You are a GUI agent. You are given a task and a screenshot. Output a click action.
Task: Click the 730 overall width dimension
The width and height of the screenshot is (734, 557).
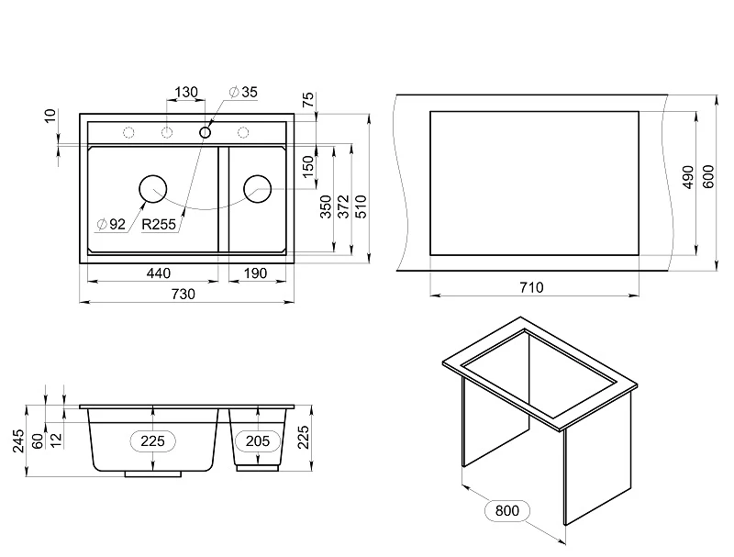(x=183, y=294)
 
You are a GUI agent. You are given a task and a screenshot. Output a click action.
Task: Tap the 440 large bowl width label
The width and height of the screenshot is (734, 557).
(x=158, y=273)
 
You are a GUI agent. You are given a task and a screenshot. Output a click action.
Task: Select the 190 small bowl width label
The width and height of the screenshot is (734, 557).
(x=256, y=273)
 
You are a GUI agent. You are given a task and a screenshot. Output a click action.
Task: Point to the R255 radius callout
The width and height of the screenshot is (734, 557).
(x=159, y=224)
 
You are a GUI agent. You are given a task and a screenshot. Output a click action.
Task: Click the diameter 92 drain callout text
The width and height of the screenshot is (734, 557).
(x=111, y=224)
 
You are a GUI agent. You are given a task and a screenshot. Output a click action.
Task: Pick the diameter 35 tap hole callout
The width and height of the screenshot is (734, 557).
(x=243, y=92)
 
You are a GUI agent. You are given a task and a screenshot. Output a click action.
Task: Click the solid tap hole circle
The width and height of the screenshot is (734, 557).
(x=205, y=132)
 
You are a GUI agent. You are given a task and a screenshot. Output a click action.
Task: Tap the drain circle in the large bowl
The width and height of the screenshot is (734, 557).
(x=153, y=189)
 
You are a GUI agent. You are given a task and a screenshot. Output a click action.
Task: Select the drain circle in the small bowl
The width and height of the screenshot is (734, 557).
(x=258, y=189)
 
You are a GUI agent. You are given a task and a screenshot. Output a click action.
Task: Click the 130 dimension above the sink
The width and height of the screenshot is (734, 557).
(x=186, y=92)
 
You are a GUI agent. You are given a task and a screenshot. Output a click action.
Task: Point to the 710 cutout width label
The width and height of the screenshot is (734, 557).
(x=532, y=287)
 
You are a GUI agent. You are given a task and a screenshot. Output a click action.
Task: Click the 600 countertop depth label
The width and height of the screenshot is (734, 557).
(x=708, y=177)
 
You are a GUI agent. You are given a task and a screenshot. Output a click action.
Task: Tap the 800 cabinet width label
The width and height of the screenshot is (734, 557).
(x=507, y=510)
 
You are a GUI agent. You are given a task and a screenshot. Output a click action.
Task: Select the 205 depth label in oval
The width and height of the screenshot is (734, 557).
(x=258, y=440)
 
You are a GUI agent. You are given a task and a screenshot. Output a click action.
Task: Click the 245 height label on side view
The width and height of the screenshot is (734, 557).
(x=18, y=440)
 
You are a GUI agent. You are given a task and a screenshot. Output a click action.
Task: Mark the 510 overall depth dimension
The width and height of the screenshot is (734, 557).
(x=361, y=206)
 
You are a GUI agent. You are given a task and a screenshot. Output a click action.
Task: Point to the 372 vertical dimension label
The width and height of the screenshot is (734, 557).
(x=343, y=206)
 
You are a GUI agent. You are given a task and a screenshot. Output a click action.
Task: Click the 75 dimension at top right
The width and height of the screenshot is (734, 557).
(x=308, y=100)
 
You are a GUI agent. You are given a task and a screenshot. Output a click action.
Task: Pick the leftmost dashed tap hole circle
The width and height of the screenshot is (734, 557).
(x=128, y=132)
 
